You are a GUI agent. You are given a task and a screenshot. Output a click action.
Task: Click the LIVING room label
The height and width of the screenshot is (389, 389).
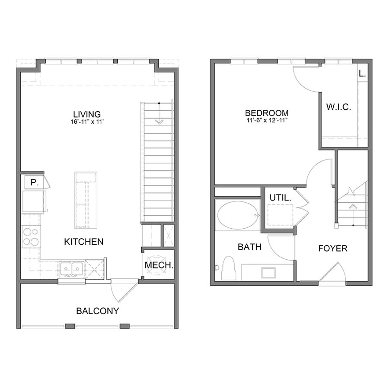tap(87, 114)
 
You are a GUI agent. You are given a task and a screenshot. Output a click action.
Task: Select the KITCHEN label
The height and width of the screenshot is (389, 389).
tap(83, 242)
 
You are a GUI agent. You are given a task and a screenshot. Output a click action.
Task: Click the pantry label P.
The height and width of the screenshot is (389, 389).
tap(34, 183)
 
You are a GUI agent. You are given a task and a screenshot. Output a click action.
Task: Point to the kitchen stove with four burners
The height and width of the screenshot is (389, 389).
tap(31, 237)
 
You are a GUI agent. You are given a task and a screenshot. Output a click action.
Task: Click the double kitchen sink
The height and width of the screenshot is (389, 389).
tap(72, 269)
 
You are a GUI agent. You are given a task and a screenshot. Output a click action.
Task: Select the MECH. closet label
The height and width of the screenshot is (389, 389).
tap(159, 265)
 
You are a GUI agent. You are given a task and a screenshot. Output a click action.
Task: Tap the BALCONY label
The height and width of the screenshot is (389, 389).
tap(98, 311)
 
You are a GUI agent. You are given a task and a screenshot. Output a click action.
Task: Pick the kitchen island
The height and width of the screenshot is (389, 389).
tap(86, 200)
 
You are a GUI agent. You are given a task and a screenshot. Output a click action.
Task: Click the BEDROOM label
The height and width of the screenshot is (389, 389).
tap(267, 113)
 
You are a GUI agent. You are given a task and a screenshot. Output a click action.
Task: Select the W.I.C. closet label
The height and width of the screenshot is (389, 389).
tap(338, 107)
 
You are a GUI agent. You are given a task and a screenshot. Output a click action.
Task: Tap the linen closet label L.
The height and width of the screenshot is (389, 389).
tap(362, 73)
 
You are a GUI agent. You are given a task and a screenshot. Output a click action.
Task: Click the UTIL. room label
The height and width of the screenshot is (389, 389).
tap(280, 198)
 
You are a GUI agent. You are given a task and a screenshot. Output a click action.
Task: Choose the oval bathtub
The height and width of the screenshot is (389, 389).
tap(238, 215)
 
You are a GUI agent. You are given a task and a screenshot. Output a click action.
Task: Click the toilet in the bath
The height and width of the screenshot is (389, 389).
tap(227, 268)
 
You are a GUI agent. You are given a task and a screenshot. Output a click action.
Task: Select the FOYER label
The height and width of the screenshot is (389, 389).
tap(333, 249)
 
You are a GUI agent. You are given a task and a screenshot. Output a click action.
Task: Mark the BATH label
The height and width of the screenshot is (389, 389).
tap(249, 247)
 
